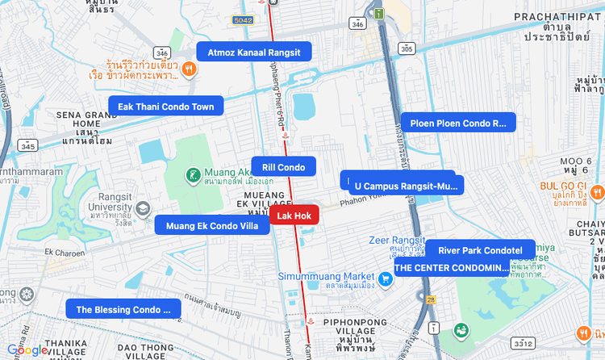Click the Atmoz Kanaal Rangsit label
click(x=253, y=52)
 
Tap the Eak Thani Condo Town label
click(x=166, y=107)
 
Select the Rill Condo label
click(x=284, y=167)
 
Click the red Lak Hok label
click(x=294, y=216)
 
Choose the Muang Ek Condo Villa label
click(x=212, y=226)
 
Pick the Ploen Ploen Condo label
click(x=458, y=123)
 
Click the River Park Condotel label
click(x=480, y=250)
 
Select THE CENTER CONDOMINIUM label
click(x=452, y=268)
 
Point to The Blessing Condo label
click(x=123, y=309)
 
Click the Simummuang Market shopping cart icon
click(x=386, y=279)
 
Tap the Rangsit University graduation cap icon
click(x=144, y=208)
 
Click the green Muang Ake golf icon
click(x=194, y=174)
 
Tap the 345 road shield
click(x=28, y=146)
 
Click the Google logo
click(x=27, y=350)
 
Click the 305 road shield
click(x=407, y=49)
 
